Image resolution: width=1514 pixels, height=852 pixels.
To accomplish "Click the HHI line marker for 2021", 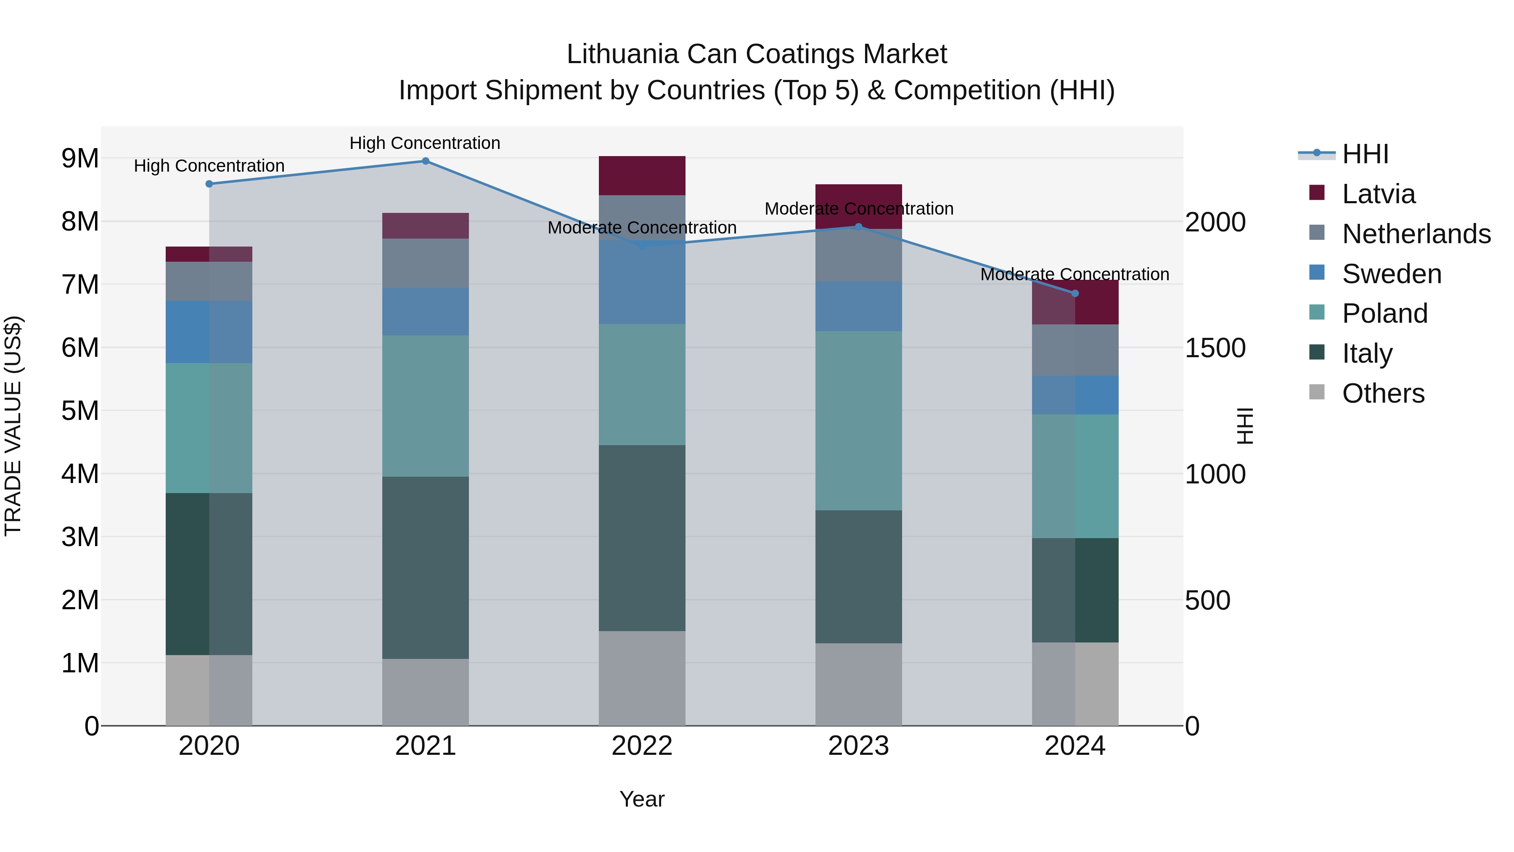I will click(426, 161).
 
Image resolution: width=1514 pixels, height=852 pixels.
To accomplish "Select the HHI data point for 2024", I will click(1075, 293).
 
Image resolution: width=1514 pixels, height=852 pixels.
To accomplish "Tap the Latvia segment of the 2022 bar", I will click(642, 175).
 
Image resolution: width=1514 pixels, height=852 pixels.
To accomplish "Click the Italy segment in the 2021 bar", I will click(426, 568).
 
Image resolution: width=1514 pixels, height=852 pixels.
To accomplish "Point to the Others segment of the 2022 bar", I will click(642, 678).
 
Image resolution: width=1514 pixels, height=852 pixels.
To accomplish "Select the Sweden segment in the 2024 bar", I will click(1075, 395).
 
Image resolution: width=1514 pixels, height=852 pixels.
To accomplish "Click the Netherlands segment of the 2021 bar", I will click(426, 263).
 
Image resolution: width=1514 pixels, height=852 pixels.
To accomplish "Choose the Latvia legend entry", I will click(1378, 194).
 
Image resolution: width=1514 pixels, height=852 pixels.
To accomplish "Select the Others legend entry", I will click(1383, 393).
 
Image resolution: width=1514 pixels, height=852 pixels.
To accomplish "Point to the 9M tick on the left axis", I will click(80, 158).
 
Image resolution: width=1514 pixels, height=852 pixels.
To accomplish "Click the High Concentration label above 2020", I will click(209, 166).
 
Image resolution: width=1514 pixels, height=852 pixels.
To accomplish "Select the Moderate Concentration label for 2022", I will click(642, 228).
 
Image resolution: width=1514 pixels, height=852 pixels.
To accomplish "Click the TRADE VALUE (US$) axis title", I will click(13, 426).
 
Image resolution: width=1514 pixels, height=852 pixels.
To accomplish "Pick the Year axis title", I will click(642, 799).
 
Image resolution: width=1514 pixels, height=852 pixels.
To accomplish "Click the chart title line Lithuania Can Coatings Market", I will click(757, 54).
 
